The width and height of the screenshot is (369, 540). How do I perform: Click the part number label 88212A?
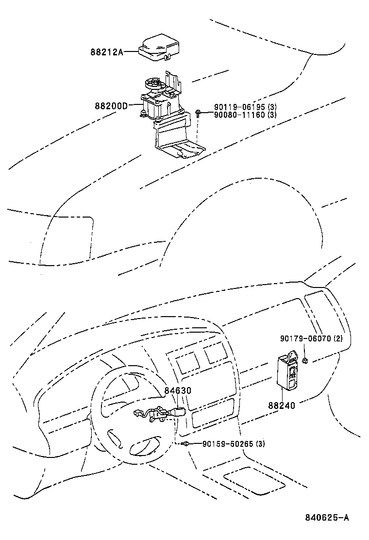(106, 52)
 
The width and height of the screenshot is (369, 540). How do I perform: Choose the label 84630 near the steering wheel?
(177, 390)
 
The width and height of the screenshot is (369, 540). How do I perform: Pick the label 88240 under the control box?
(281, 405)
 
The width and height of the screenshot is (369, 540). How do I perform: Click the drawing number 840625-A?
(327, 517)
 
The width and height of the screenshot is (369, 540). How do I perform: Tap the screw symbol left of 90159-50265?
(186, 443)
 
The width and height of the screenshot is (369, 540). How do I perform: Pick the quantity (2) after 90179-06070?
(338, 338)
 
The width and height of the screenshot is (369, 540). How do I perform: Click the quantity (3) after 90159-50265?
(261, 443)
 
